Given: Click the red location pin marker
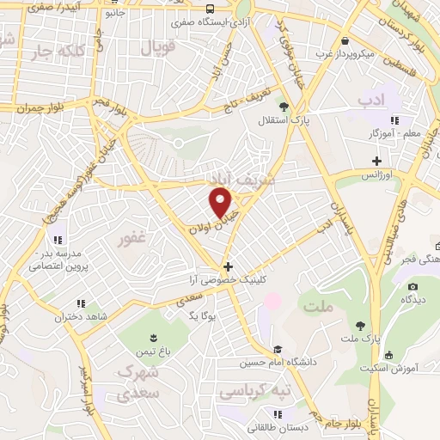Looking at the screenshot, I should pos(221,203).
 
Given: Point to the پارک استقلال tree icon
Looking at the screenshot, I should pos(283,107).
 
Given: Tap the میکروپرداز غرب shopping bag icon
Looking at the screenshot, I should pos(345,40).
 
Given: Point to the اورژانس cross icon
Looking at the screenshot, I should pos(376,160).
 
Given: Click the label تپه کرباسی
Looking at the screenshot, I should pos(254,392).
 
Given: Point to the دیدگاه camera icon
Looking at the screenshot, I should pos(412,285).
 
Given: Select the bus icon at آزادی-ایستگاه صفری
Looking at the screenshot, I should pos(211,10).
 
